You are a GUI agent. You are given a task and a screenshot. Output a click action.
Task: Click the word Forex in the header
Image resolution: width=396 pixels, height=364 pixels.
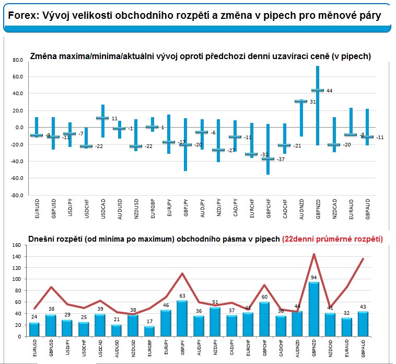[x=22, y=16]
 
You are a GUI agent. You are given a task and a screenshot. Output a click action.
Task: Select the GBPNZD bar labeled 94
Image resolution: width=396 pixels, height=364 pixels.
[x=313, y=309]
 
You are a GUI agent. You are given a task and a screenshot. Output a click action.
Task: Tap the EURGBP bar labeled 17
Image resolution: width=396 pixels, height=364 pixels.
[x=149, y=332]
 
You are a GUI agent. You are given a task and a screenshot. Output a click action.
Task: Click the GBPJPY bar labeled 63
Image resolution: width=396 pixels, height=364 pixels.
[x=182, y=318]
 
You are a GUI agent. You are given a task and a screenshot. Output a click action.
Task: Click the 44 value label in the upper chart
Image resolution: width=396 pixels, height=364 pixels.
[x=329, y=91]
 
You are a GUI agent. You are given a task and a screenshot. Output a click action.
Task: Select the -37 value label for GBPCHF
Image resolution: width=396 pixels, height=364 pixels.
[x=281, y=159]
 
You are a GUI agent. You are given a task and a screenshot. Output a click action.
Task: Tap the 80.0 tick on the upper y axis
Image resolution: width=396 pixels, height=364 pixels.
[x=18, y=60]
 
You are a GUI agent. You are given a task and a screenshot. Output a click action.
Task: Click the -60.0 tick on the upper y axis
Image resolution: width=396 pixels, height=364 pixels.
[x=17, y=178]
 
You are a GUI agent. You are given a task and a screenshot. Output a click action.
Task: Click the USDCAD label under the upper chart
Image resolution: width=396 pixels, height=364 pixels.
[x=103, y=209]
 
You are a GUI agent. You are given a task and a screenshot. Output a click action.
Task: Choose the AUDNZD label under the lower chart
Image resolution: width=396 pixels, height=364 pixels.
[x=297, y=349]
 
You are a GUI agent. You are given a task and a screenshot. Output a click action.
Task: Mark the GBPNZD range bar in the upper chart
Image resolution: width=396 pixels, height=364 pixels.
[x=318, y=106]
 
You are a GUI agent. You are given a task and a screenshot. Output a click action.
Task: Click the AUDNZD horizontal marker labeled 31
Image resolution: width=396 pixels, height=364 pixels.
[x=301, y=101]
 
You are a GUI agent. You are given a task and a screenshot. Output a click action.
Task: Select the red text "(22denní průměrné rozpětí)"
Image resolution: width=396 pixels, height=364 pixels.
[x=332, y=239]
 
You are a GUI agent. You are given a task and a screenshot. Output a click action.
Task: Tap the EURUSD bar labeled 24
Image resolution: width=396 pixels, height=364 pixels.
[x=34, y=329]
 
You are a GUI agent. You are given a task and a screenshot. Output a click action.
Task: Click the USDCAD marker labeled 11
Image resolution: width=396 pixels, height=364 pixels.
[x=102, y=118]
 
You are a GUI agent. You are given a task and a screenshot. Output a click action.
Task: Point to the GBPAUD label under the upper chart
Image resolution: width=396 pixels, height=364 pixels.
[x=367, y=209]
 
